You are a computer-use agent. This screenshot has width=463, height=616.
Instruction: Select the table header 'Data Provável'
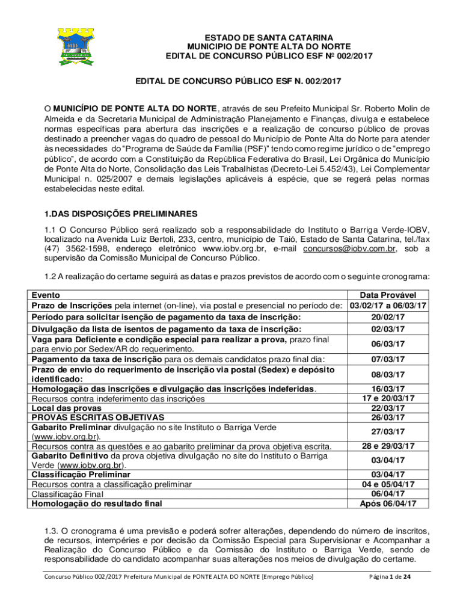[x=388, y=295]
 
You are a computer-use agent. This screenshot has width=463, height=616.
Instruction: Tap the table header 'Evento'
[x=46, y=295]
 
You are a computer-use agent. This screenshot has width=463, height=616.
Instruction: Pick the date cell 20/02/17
[x=388, y=317]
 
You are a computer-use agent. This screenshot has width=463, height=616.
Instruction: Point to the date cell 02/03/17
[x=388, y=328]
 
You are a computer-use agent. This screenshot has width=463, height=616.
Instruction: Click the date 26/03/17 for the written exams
[x=388, y=417]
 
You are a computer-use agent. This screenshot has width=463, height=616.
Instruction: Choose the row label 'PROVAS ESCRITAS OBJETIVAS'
[x=97, y=417]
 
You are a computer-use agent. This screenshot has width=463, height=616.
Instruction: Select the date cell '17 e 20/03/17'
[x=388, y=398]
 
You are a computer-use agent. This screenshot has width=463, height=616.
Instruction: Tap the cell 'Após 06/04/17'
[x=388, y=503]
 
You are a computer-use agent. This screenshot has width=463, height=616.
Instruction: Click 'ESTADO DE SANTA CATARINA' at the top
[x=269, y=37]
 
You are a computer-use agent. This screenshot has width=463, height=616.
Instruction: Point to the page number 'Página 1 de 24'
[x=389, y=577]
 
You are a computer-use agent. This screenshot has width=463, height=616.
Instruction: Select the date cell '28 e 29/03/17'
[x=388, y=446]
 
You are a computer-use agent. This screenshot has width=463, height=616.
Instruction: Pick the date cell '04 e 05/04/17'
[x=388, y=484]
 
